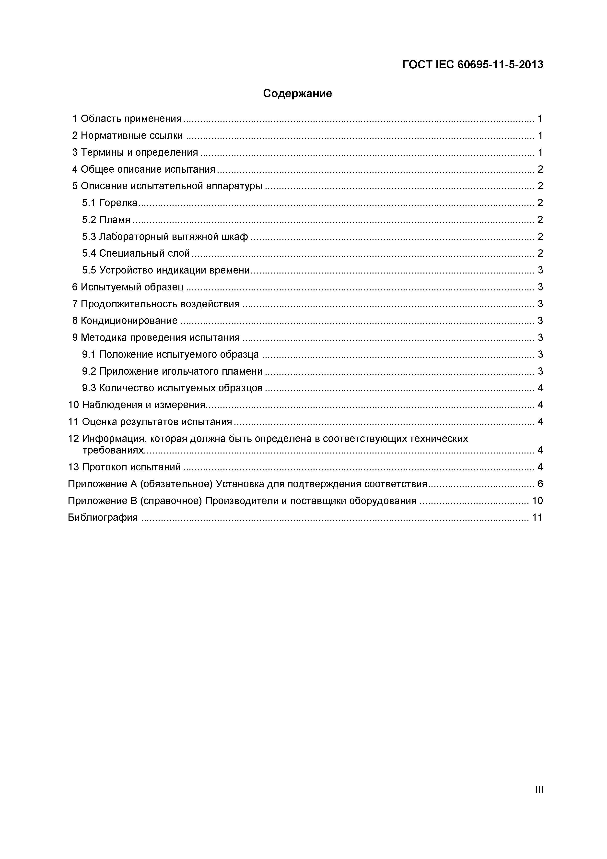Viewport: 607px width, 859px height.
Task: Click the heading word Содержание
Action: tap(297, 94)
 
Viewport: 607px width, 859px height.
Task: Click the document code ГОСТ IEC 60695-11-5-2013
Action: tap(472, 65)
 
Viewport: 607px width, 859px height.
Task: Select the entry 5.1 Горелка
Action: tap(110, 203)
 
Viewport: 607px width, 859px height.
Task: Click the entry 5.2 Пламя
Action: tap(106, 220)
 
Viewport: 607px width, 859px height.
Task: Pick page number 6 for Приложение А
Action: tap(540, 484)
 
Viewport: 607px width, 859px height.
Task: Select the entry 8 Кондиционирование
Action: tap(125, 321)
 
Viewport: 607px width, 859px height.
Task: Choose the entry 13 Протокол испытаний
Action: tap(124, 467)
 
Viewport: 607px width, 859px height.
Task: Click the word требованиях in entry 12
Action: tap(113, 450)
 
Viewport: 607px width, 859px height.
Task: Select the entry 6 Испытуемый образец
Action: tap(128, 287)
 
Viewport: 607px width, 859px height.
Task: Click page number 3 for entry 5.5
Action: tap(540, 270)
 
